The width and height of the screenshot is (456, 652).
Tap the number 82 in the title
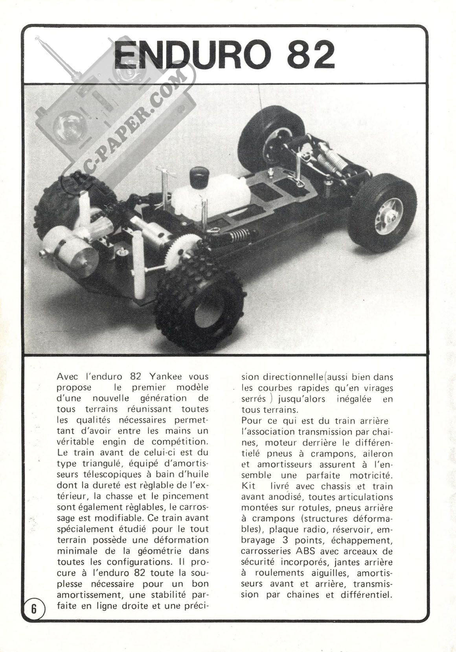[x=311, y=55]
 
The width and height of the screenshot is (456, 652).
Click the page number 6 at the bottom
[x=34, y=609]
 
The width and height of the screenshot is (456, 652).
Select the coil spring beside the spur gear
[x=234, y=237]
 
